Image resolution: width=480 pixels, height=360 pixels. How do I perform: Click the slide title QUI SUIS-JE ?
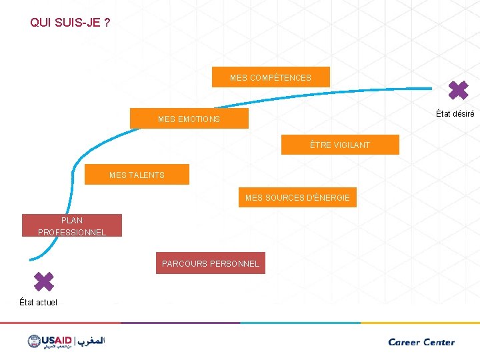tap(70, 23)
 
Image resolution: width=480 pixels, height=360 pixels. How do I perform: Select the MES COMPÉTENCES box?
tap(270, 77)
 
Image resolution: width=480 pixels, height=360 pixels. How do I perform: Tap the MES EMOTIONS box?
tap(189, 119)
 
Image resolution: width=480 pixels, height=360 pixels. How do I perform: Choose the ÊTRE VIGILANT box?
tap(340, 145)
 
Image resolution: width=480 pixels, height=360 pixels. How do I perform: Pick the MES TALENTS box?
tap(137, 175)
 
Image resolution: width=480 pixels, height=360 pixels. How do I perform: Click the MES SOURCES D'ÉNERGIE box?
tap(297, 197)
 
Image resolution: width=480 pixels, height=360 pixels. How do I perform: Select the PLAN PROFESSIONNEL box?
tap(72, 226)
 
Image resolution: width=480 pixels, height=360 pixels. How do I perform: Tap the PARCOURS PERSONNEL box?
tap(210, 263)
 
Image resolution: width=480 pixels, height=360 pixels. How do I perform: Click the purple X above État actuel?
tap(43, 281)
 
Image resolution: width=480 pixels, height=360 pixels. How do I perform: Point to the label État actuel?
tap(38, 303)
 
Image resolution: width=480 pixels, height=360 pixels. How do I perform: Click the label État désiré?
tap(455, 113)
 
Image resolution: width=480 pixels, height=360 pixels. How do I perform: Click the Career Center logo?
tap(421, 342)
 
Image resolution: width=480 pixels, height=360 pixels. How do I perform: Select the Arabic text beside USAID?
tap(92, 341)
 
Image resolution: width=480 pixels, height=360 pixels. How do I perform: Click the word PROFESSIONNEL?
tap(72, 232)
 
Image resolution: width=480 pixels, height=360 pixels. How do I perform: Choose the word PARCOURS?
tap(184, 263)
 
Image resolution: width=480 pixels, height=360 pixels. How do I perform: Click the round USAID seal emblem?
tap(35, 341)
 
